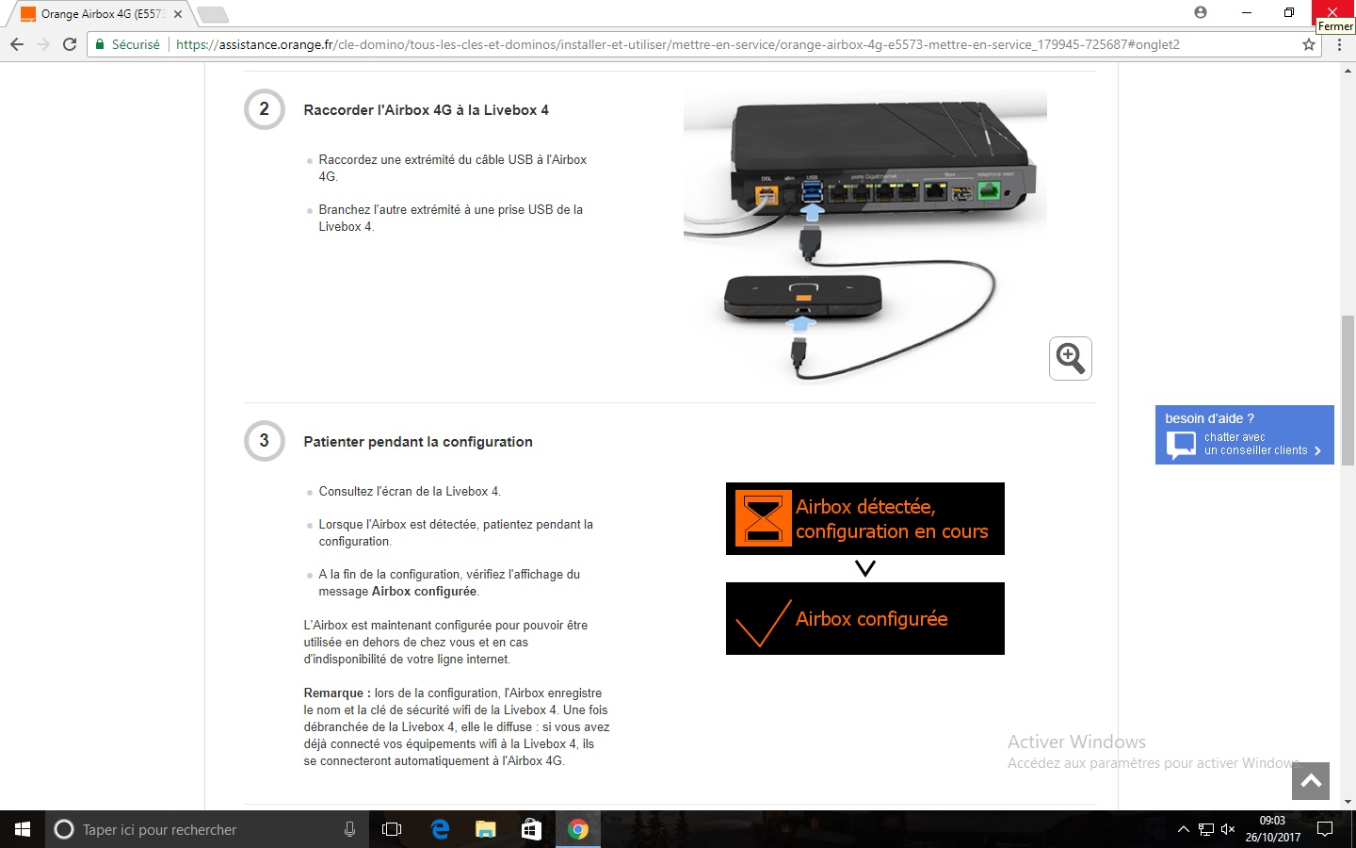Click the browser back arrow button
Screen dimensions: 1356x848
(x=17, y=44)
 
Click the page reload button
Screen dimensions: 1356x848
(x=70, y=44)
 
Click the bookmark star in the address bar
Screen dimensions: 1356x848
(x=1309, y=44)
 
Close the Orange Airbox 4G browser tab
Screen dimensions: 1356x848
(x=178, y=14)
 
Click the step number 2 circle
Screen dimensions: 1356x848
(x=264, y=109)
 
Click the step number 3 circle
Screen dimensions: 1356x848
(x=264, y=440)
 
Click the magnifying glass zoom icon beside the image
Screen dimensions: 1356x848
(x=1071, y=359)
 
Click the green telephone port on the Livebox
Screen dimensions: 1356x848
(x=989, y=192)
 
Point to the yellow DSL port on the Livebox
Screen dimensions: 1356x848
(x=767, y=195)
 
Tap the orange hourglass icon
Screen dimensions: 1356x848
(x=764, y=518)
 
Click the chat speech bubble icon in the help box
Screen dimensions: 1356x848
(x=1181, y=445)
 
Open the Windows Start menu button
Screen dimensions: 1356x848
(x=23, y=829)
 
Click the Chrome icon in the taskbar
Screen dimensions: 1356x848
(x=577, y=829)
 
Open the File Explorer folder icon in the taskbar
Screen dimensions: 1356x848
(x=486, y=829)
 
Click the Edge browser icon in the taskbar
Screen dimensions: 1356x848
(x=440, y=829)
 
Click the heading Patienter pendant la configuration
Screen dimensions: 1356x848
(x=418, y=442)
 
